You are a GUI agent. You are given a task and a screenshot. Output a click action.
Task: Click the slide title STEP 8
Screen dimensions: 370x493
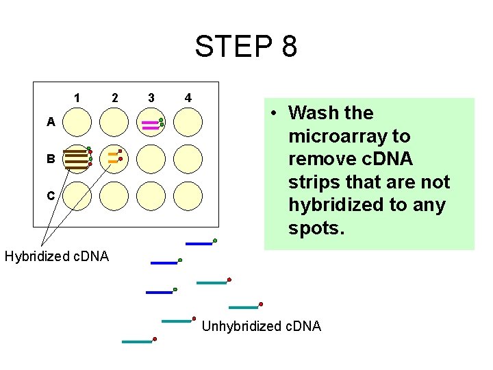click(246, 47)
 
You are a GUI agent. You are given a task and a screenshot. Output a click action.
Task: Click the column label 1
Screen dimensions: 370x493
click(77, 98)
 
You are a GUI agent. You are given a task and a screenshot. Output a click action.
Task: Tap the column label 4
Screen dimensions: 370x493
click(188, 98)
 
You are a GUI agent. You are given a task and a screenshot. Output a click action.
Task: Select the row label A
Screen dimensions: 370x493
click(51, 123)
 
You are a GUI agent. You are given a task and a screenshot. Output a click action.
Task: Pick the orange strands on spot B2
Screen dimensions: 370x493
click(113, 158)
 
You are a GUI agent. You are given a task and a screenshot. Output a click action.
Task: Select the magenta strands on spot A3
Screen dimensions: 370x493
click(150, 125)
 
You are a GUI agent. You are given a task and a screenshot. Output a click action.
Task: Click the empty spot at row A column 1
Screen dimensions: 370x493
click(77, 123)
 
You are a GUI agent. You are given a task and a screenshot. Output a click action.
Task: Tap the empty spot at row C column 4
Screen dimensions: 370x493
click(188, 195)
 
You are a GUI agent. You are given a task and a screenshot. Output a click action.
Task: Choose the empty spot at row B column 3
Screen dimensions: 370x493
click(151, 159)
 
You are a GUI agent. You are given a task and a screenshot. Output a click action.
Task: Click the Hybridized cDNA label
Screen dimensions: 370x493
click(56, 257)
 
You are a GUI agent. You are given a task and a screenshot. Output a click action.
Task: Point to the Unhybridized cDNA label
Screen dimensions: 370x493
click(261, 326)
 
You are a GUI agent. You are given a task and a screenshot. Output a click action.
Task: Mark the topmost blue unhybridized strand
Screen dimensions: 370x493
click(199, 243)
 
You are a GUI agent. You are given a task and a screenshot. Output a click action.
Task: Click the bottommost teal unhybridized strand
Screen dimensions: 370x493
click(136, 341)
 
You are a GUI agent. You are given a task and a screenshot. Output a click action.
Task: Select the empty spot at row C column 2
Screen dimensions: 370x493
click(114, 195)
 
